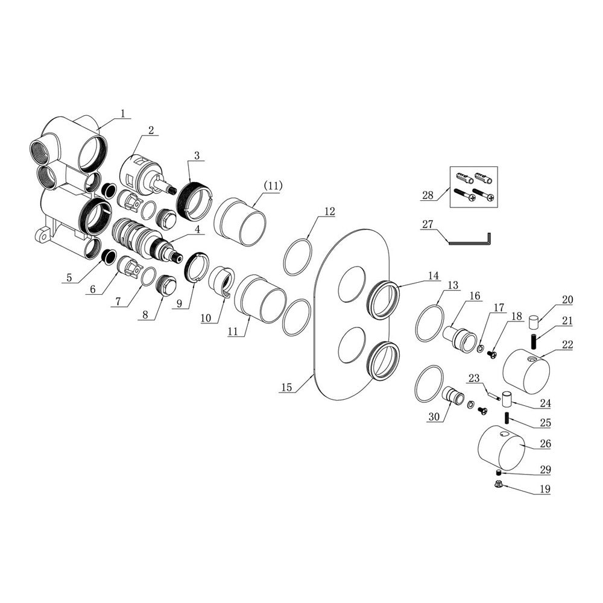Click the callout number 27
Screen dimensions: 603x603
pyautogui.click(x=428, y=224)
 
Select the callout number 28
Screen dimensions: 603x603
pyautogui.click(x=428, y=195)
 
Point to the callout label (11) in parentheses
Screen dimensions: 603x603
pyautogui.click(x=273, y=186)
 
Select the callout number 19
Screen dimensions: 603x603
pyautogui.click(x=545, y=489)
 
